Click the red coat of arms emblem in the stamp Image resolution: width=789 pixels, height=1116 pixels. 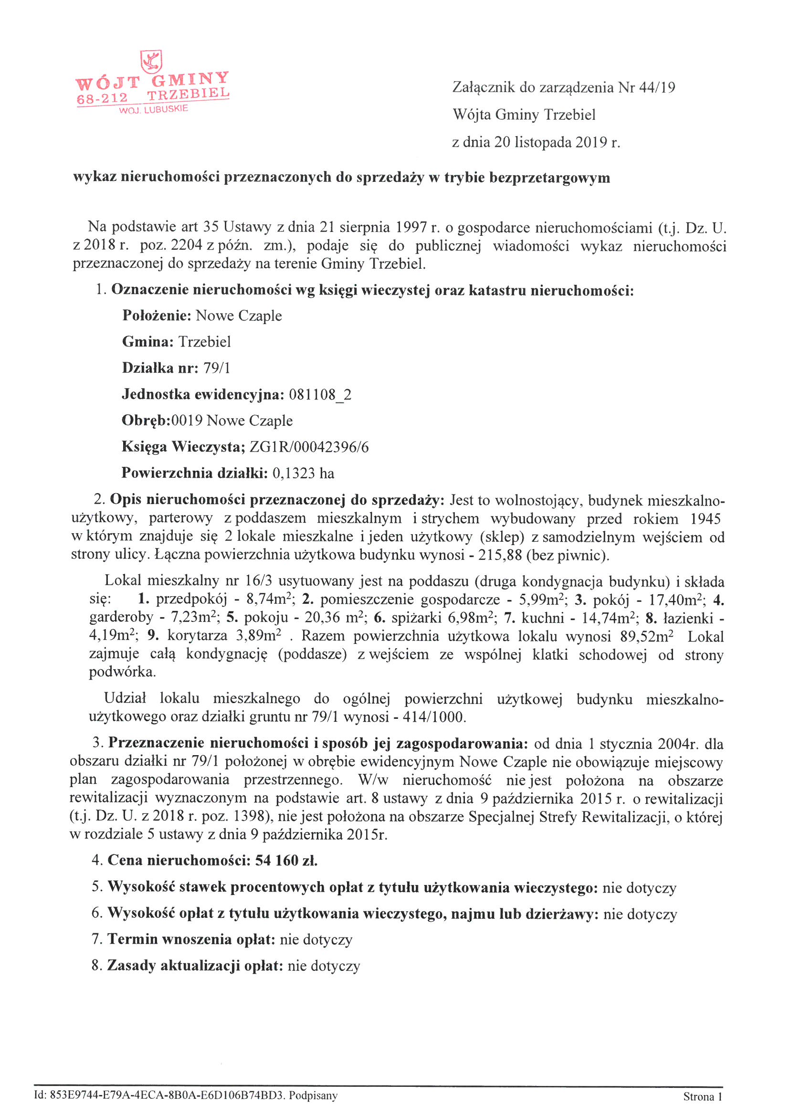(x=151, y=62)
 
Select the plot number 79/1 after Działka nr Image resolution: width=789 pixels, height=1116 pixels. (x=217, y=368)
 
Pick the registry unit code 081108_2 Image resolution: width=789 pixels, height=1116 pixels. (x=320, y=394)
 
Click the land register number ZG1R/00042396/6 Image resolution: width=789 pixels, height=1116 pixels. (x=309, y=447)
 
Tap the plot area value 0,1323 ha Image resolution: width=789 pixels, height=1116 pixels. (x=304, y=473)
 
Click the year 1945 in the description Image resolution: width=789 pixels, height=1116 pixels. (x=705, y=519)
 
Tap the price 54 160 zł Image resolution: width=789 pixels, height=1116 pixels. (x=286, y=861)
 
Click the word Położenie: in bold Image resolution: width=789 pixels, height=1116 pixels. (x=157, y=316)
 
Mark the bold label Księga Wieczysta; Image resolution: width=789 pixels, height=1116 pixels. (x=183, y=447)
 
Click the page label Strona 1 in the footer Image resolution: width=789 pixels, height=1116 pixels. (x=703, y=1096)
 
